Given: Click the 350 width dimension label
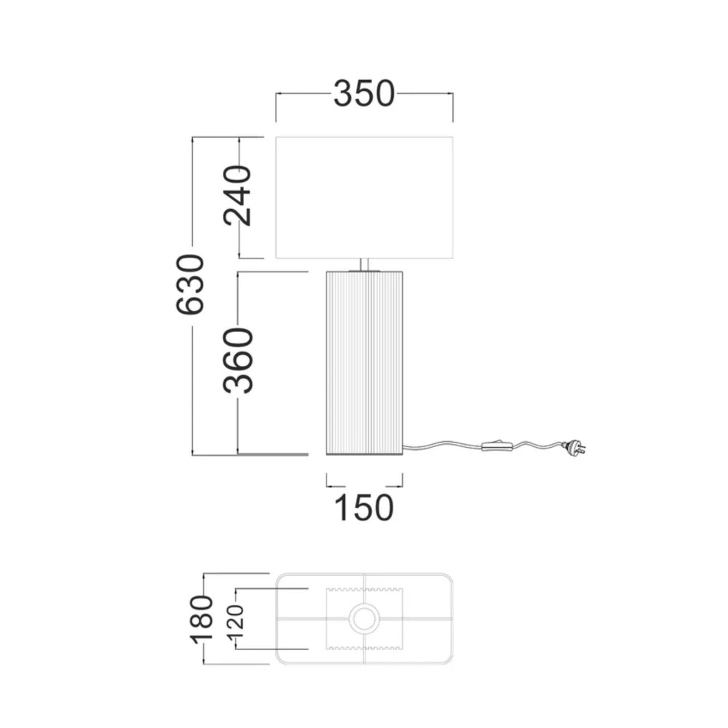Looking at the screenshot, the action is tap(364, 94).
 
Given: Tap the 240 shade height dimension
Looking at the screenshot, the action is tap(237, 195).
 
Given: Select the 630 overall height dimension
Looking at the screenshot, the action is tap(190, 284).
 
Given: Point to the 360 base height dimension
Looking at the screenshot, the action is tap(238, 361).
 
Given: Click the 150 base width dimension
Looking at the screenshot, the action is tap(364, 507).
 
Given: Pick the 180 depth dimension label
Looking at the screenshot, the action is tap(202, 620).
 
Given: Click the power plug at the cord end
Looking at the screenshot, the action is tap(574, 448).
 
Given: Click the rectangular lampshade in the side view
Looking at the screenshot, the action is tap(364, 197).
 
